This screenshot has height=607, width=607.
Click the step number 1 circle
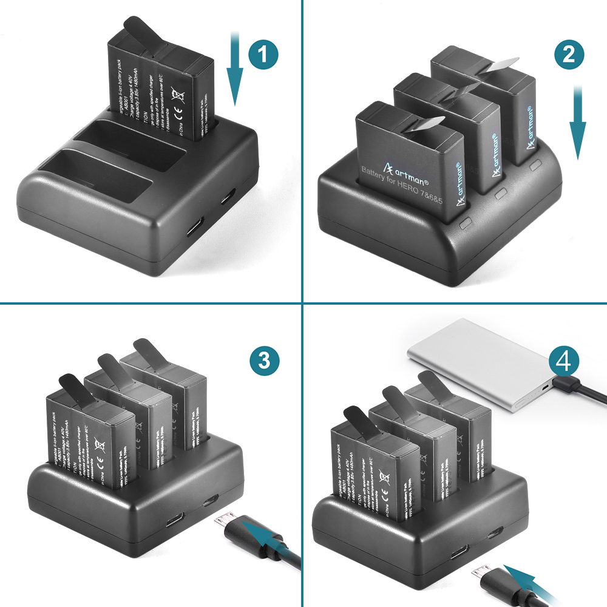click(x=262, y=56)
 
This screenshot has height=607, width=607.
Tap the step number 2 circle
click(x=569, y=56)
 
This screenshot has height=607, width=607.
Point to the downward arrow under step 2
click(x=577, y=124)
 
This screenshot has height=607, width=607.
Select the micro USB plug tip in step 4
click(x=481, y=574)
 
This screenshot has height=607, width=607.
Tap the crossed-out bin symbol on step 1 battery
click(x=178, y=94)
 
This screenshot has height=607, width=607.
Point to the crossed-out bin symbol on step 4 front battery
click(x=384, y=478)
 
